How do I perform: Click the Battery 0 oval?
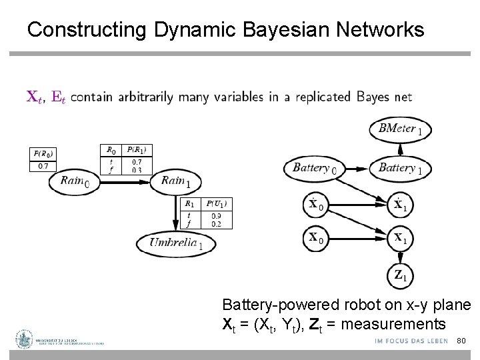(314, 168)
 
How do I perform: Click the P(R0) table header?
(43, 153)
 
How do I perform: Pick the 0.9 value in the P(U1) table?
(217, 215)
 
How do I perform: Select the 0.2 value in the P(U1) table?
(217, 223)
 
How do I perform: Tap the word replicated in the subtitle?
(318, 97)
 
